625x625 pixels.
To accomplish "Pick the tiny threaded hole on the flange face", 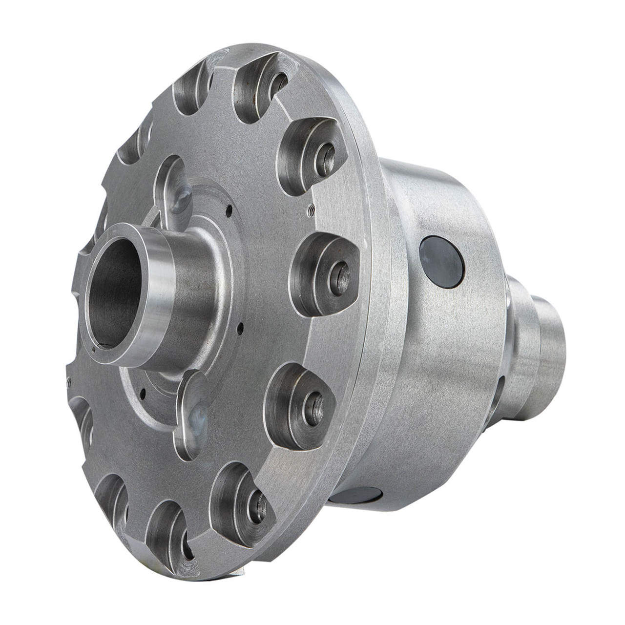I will coord(309,210).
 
